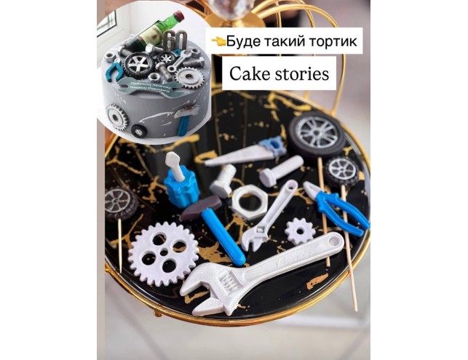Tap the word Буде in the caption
point(244,41)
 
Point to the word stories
point(301,73)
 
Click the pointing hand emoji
point(217,41)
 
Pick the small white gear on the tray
point(299,231)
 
